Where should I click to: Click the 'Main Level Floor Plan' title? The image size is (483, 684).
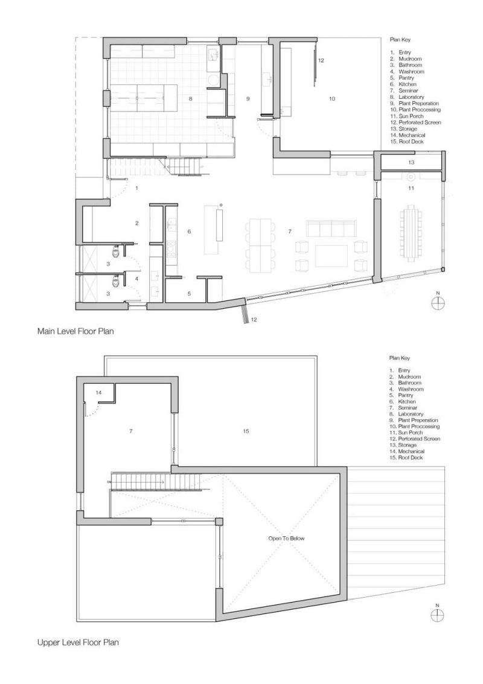[x=75, y=331]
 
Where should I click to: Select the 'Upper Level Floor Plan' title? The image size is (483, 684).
[x=78, y=642]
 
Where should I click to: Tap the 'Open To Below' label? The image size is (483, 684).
[x=287, y=538]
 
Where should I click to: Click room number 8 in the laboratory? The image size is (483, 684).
[x=190, y=99]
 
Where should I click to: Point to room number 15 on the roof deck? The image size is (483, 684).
[x=246, y=431]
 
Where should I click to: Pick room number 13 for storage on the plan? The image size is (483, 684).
[x=411, y=162]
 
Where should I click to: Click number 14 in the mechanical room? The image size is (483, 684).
[x=98, y=393]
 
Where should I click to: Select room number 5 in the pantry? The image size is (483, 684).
[x=189, y=294]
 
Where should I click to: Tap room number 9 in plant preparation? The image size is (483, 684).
[x=248, y=99]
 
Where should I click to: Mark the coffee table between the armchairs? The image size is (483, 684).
[x=332, y=255]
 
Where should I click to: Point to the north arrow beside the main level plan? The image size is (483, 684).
[x=438, y=302]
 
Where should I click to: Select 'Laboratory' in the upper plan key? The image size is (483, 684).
[x=411, y=414]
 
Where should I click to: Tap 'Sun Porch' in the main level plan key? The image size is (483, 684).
[x=411, y=116]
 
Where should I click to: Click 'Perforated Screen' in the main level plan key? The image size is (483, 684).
[x=420, y=122]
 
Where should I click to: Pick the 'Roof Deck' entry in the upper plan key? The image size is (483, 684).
[x=411, y=458]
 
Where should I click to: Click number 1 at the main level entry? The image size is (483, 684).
[x=136, y=188]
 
